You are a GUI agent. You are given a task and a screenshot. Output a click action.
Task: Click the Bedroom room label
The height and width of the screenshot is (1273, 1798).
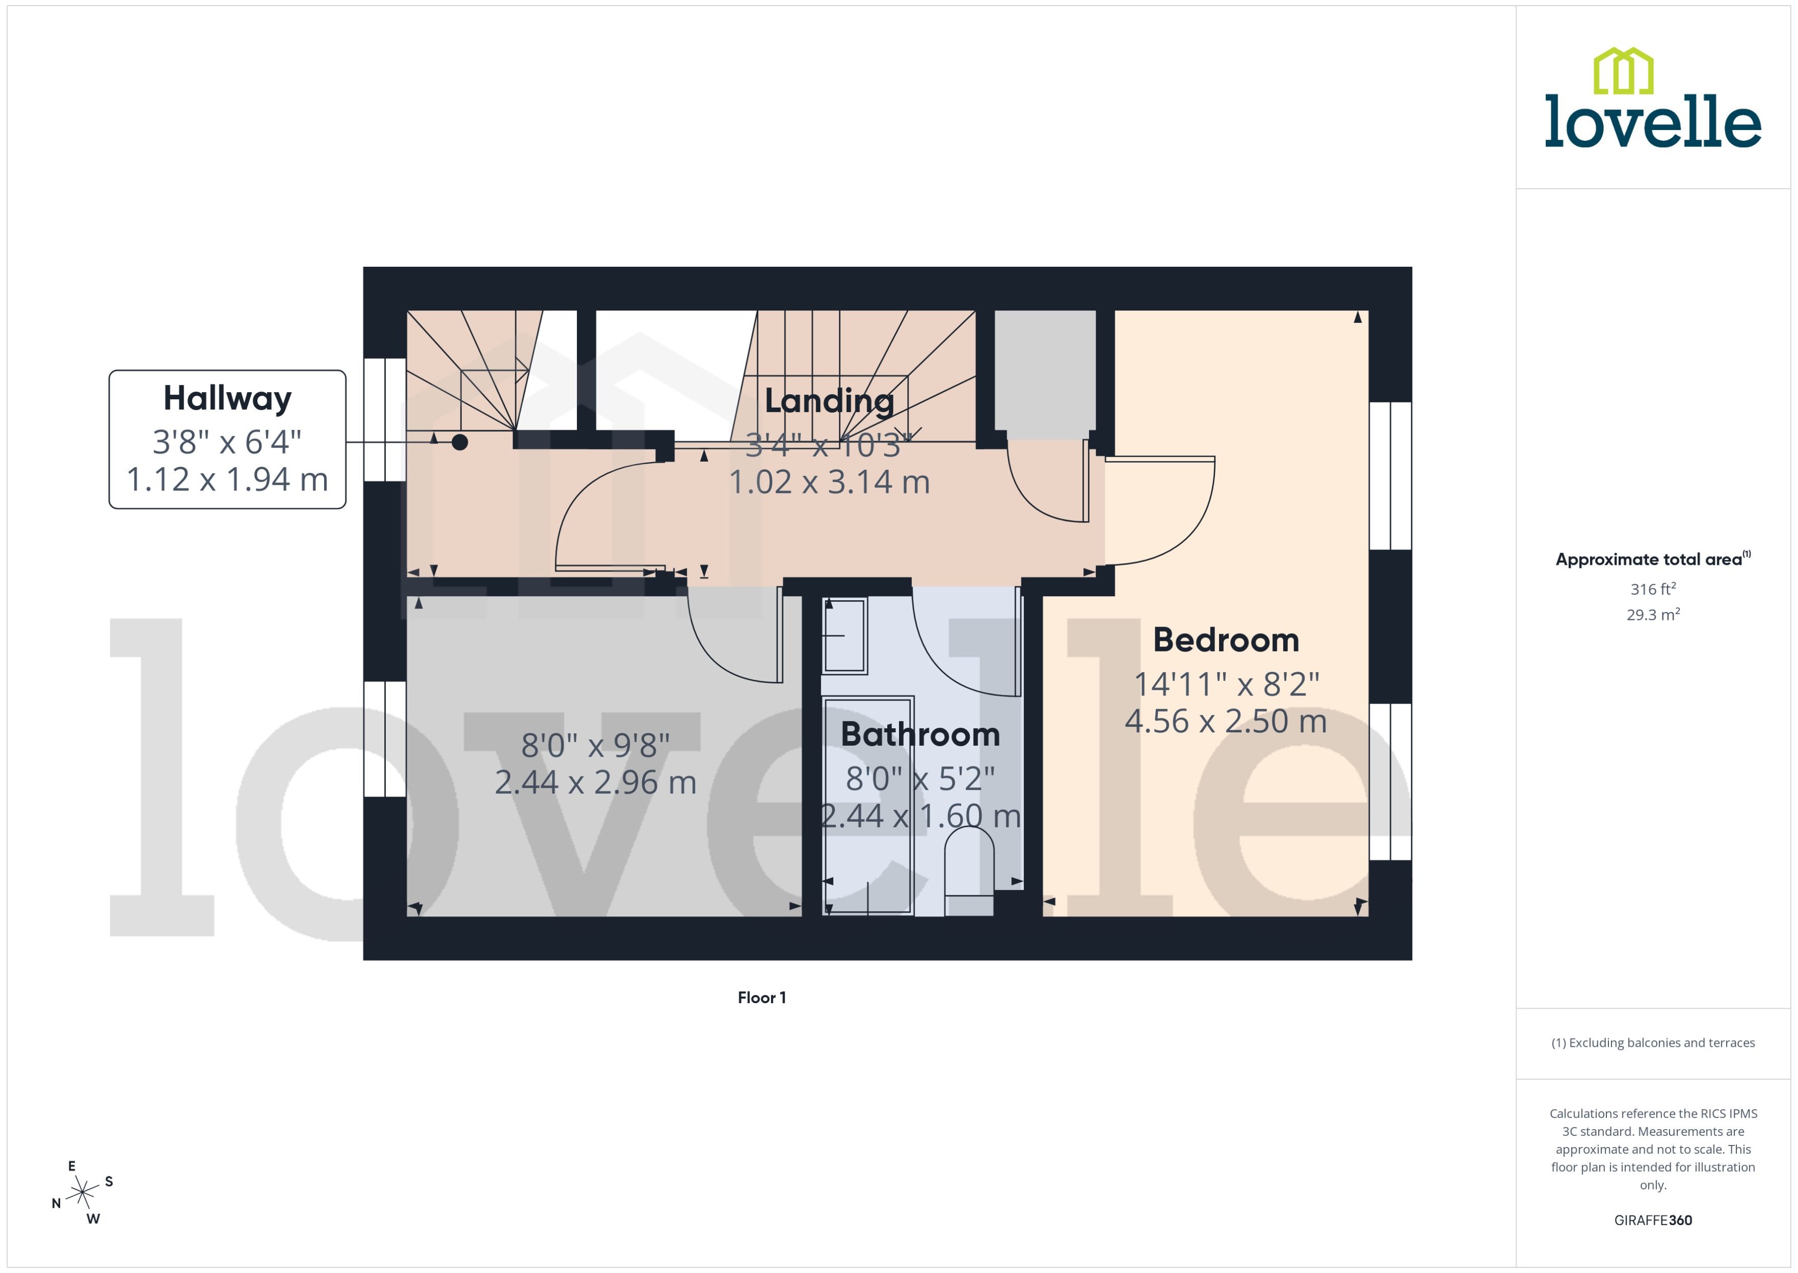[1226, 640]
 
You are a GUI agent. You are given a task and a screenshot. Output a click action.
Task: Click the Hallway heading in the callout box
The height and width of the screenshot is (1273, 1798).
[227, 398]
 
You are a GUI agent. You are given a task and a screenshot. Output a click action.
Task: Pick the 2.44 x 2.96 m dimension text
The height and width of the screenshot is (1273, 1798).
[595, 782]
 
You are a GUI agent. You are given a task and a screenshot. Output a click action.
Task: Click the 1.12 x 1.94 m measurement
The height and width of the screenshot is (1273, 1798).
[227, 479]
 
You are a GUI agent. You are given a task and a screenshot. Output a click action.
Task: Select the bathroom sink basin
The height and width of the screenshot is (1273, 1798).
[845, 635]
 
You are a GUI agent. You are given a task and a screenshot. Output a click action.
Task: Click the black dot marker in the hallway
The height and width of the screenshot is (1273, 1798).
[460, 442]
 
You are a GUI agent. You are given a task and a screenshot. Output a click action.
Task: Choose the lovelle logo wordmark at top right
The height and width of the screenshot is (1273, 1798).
[1653, 121]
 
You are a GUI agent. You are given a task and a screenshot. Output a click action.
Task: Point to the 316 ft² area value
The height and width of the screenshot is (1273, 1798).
[1653, 588]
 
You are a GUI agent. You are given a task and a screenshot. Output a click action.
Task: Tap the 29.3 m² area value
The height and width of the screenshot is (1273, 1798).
[1653, 615]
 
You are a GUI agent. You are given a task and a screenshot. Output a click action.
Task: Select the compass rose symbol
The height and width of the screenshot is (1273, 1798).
[82, 1193]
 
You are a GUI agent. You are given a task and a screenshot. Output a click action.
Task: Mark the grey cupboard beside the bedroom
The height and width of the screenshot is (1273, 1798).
[1044, 372]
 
